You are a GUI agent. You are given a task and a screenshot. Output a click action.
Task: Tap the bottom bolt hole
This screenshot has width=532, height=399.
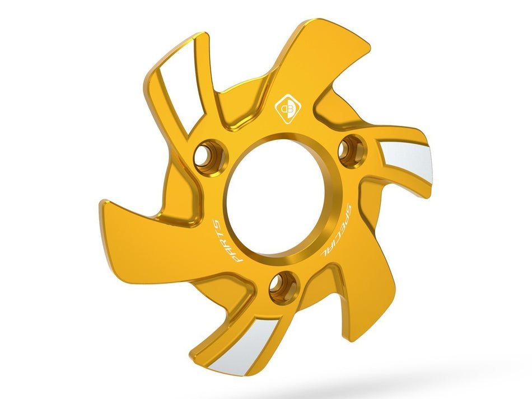[x=283, y=287]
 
